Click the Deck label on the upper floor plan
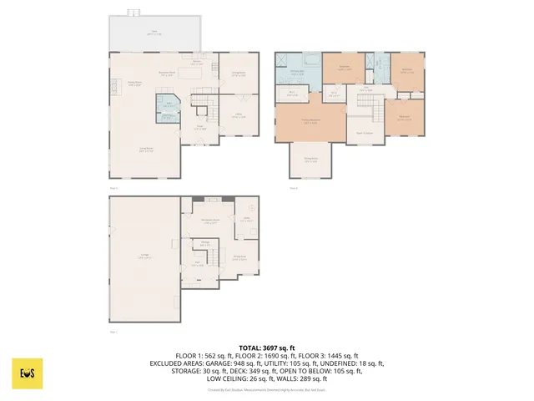point(155,33)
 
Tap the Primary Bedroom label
point(310,122)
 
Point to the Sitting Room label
point(310,160)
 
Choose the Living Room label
point(144,150)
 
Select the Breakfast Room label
point(167,73)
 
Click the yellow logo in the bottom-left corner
point(27,373)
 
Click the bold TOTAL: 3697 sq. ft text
point(267,348)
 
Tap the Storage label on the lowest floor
point(204,244)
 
